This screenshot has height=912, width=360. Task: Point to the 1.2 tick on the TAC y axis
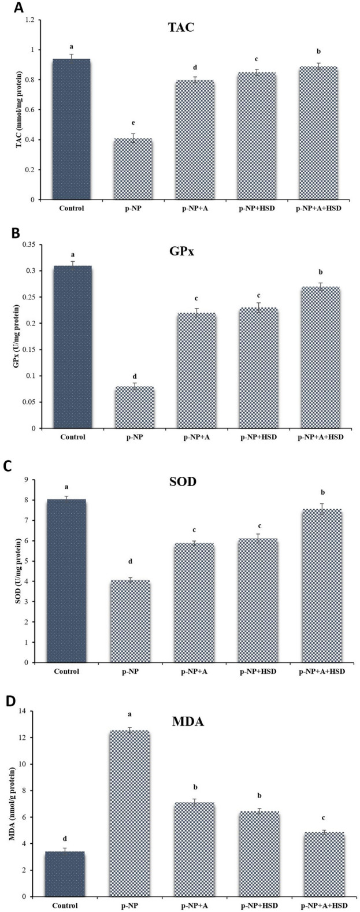[x=35, y=20]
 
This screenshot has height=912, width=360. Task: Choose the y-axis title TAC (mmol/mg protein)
[x=18, y=110]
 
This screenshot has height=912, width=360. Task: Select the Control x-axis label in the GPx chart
[x=72, y=437]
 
